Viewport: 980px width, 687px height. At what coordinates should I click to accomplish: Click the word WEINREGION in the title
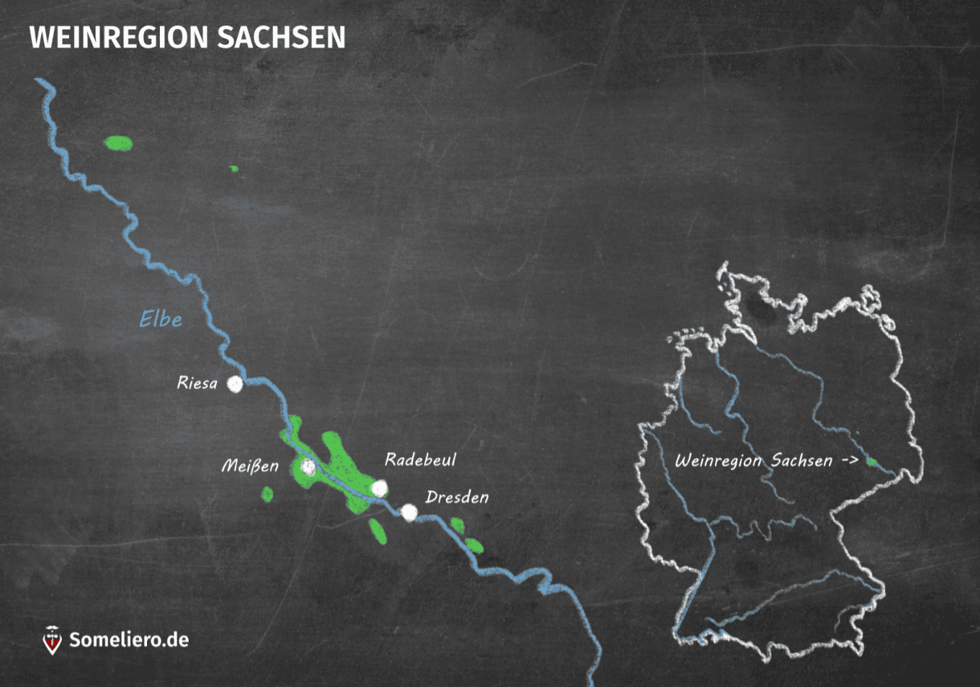tap(118, 38)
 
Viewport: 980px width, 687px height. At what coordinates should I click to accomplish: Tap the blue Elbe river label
tap(160, 319)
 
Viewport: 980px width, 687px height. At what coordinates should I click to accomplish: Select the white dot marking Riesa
tap(235, 384)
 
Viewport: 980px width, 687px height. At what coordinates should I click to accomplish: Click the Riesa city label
tap(197, 383)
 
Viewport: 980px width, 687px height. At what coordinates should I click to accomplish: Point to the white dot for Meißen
tap(308, 467)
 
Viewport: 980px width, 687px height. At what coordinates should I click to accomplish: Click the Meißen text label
tap(249, 466)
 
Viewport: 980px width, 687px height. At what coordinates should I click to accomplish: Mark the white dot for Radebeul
tap(379, 489)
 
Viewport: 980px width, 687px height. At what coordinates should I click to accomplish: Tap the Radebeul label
tap(420, 459)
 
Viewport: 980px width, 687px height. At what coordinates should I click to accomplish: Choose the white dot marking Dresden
tap(409, 513)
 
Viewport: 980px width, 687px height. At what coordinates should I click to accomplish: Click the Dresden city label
tap(457, 497)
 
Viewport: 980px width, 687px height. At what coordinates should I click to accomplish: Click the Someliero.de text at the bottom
tap(129, 639)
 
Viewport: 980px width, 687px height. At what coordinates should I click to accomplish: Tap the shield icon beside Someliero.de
tap(52, 640)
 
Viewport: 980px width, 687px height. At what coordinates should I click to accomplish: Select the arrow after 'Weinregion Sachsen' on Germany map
tap(850, 460)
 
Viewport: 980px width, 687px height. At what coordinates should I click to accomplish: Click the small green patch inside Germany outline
tap(871, 462)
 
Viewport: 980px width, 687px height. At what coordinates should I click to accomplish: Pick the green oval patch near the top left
tap(118, 143)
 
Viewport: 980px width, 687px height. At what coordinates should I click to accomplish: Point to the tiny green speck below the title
tap(233, 169)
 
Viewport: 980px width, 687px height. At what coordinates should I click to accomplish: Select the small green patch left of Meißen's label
tap(267, 495)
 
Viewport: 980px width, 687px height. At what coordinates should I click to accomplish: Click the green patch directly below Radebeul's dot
tap(378, 531)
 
